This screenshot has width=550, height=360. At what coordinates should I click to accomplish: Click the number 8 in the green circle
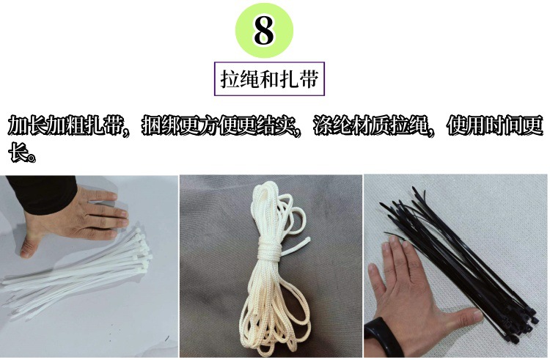click(x=263, y=31)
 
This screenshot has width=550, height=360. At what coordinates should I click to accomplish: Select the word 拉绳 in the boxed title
click(x=238, y=78)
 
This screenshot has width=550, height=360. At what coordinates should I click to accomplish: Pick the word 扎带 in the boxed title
click(x=301, y=78)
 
